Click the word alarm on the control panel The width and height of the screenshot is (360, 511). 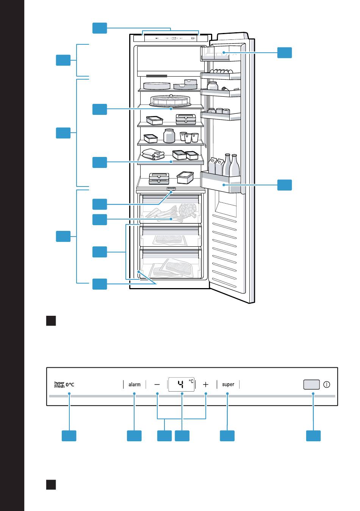click(x=135, y=384)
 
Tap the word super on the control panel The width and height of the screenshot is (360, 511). click(x=228, y=384)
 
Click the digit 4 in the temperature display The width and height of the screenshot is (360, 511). click(x=181, y=384)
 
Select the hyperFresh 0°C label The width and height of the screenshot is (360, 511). click(x=64, y=385)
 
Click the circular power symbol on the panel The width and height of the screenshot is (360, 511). click(x=327, y=385)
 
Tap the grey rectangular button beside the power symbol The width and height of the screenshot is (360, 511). click(x=311, y=384)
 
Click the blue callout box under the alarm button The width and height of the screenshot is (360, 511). click(x=134, y=436)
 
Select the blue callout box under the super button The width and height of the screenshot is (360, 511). click(x=227, y=436)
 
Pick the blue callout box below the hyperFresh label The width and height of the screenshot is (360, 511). click(x=69, y=436)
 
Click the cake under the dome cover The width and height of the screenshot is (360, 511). click(x=170, y=100)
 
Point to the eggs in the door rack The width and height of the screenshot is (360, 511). click(x=221, y=71)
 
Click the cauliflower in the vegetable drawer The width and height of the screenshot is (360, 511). click(x=188, y=209)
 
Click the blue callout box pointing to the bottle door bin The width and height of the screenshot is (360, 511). click(x=285, y=185)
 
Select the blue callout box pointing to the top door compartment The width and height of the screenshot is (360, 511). click(x=285, y=53)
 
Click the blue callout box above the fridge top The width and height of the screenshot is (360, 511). click(x=100, y=28)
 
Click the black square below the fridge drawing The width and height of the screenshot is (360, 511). click(x=51, y=321)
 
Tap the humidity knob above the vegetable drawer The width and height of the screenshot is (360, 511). click(x=171, y=189)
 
